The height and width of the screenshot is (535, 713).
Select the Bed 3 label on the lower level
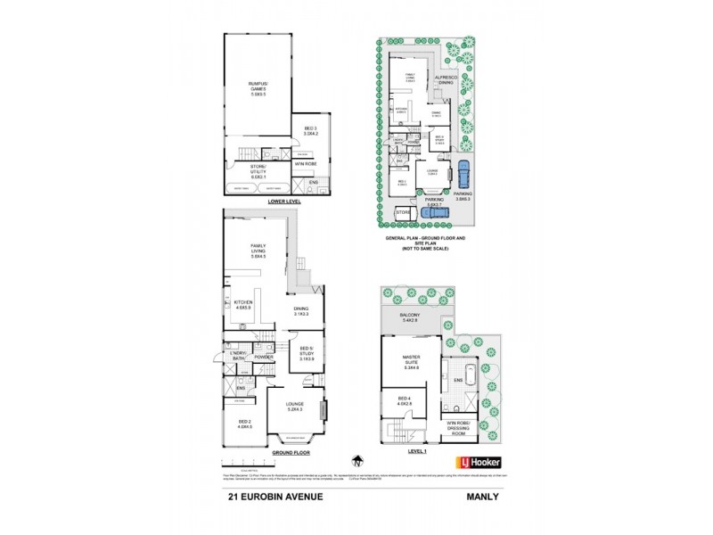click(x=310, y=133)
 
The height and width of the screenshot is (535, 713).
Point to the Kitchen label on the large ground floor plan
click(x=244, y=305)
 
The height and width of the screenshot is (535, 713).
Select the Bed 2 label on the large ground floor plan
click(x=244, y=424)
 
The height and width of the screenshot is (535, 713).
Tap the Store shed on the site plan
click(x=404, y=213)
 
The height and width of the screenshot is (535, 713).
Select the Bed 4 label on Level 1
click(x=404, y=404)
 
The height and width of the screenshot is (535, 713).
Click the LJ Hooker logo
click(x=479, y=462)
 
